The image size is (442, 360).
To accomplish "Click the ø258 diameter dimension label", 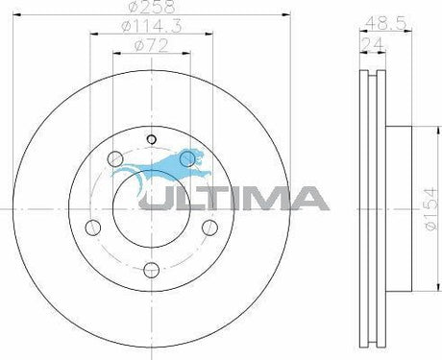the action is (152, 7).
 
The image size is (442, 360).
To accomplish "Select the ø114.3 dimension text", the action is (152, 26).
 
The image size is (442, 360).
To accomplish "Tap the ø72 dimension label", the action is (152, 45).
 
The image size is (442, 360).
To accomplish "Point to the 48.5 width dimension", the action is (385, 23).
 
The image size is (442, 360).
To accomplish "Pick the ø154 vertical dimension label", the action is (430, 208).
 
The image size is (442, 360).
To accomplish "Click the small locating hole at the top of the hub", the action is (151, 139).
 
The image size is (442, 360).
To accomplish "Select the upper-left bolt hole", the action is (115, 158).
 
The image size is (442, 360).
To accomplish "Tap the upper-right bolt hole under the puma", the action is (187, 158).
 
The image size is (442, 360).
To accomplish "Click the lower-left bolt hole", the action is (93, 228).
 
